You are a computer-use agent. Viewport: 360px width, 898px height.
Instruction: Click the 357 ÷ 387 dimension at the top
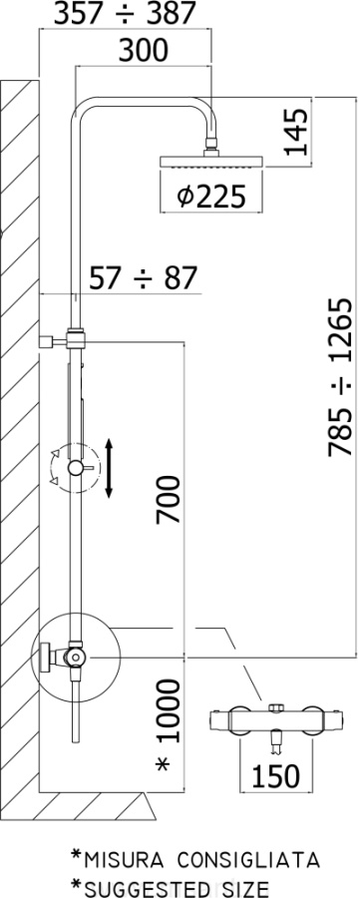tap(125, 14)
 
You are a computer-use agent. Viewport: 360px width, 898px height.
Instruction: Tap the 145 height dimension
tap(296, 132)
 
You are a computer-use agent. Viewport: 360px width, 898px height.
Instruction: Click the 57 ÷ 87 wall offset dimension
tap(143, 278)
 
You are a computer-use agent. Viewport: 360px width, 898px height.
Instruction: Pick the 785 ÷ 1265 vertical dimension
tap(342, 377)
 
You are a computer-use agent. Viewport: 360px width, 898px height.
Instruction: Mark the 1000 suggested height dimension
tap(169, 710)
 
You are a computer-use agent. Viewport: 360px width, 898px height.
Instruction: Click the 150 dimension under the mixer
tap(276, 776)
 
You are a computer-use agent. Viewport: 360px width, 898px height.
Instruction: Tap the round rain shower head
tap(211, 161)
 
